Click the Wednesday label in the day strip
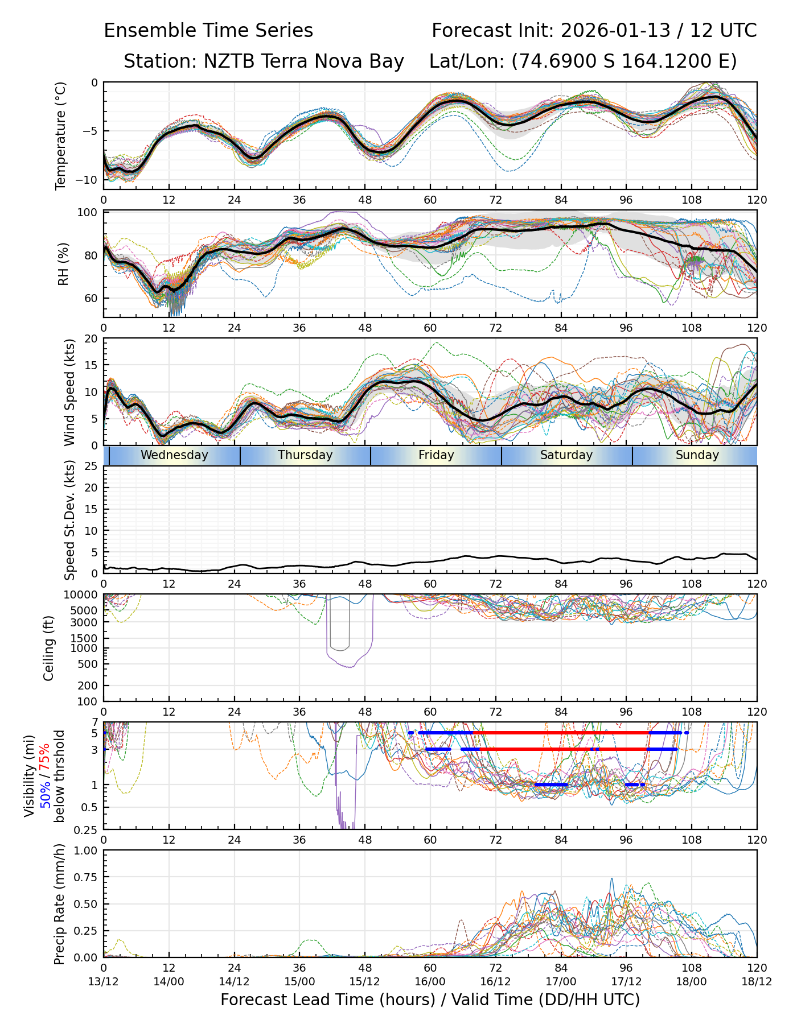(174, 455)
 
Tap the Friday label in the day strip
(436, 455)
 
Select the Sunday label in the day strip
(697, 455)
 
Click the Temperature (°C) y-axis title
(61, 135)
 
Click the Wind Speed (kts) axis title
(69, 392)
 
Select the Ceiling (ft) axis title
(49, 648)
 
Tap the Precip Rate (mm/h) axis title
(59, 904)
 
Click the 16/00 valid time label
(430, 981)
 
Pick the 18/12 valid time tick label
(757, 981)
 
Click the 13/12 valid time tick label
(104, 981)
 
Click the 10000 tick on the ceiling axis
(83, 595)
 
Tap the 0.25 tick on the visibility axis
(87, 829)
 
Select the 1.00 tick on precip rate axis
(87, 850)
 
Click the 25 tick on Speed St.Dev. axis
(91, 466)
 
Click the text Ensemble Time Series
(208, 31)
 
